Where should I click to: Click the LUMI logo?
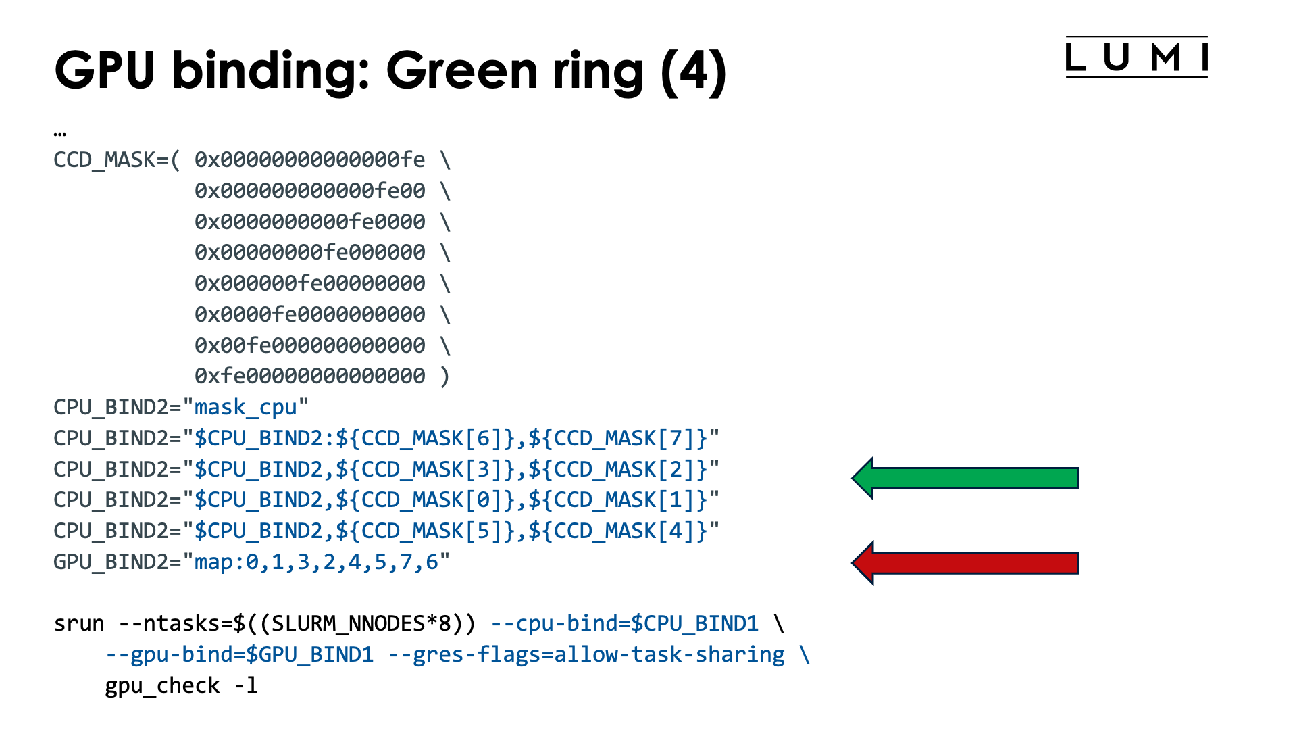[x=1136, y=57]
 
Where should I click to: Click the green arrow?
[x=965, y=478]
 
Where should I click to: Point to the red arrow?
[x=965, y=563]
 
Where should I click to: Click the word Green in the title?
[x=461, y=71]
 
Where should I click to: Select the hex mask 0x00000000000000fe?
[x=310, y=160]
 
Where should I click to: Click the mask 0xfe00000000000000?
[x=310, y=376]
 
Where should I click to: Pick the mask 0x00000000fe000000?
[x=310, y=253]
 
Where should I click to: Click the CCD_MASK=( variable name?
[x=116, y=160]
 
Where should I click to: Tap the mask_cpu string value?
[x=245, y=408]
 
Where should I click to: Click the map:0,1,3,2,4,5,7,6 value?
[x=316, y=562]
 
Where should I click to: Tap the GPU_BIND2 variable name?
[x=111, y=562]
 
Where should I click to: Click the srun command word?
[x=79, y=624]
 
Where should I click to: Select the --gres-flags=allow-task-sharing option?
[x=586, y=655]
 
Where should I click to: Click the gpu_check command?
[x=162, y=686]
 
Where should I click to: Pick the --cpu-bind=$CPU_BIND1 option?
[x=625, y=624]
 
